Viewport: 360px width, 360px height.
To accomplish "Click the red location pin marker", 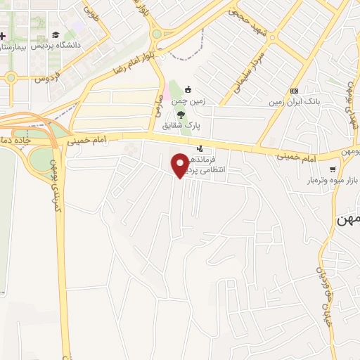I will [180, 165].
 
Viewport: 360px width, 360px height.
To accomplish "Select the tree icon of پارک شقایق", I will [181, 115].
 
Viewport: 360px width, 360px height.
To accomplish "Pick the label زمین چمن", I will [188, 101].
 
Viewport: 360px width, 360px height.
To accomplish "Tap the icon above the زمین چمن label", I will [188, 90].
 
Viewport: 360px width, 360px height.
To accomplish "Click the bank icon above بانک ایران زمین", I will [294, 91].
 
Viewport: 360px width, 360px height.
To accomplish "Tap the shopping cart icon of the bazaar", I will [333, 169].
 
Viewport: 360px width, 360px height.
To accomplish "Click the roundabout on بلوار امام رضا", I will [156, 34].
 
